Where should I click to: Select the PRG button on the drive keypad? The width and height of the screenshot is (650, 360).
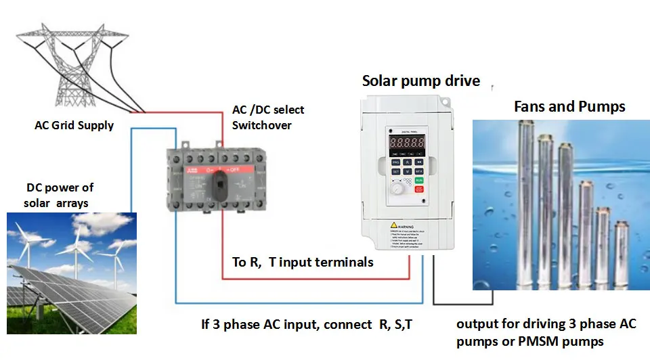tap(396, 162)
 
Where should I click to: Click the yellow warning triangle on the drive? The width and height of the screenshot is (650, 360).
tap(393, 227)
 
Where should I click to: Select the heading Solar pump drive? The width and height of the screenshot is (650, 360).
tap(420, 81)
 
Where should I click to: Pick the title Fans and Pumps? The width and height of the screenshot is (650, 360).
tap(569, 106)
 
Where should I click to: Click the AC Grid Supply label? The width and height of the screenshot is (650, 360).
tap(74, 125)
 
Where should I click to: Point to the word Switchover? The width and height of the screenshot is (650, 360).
tap(260, 125)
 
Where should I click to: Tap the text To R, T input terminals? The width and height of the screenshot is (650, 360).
tap(303, 262)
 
